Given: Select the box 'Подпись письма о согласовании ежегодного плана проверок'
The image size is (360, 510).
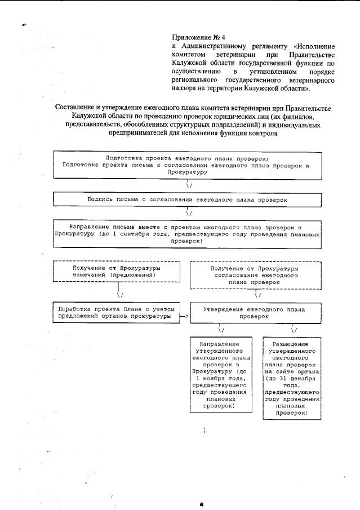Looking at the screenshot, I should [187, 199].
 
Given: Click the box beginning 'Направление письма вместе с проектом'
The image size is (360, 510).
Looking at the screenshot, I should [187, 233].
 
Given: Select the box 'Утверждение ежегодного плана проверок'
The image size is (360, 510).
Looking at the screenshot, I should [255, 313].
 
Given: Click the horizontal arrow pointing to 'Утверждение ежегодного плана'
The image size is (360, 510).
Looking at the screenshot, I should [183, 317].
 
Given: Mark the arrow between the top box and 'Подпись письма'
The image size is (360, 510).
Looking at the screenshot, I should [188, 184].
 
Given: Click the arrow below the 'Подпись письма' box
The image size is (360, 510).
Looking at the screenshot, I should [188, 212].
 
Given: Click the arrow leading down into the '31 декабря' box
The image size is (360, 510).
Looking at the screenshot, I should [293, 329].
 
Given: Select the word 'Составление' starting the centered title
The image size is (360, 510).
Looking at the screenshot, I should [75, 108].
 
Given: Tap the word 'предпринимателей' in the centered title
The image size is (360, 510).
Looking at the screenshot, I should [139, 133].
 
